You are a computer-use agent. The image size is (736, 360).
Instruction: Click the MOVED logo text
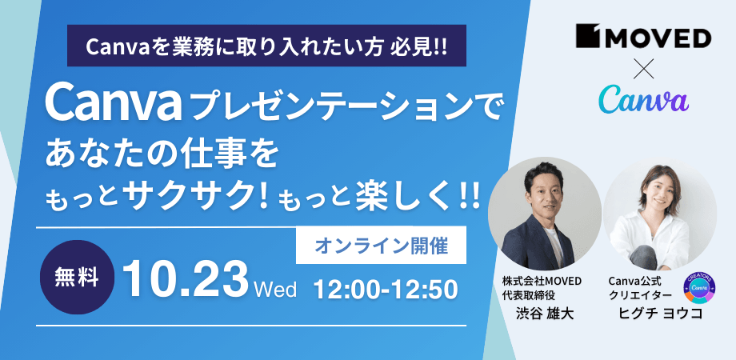click(x=643, y=38)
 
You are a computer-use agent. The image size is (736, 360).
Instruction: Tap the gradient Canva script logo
click(x=643, y=98)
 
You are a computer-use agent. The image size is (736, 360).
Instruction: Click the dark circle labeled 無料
click(x=78, y=277)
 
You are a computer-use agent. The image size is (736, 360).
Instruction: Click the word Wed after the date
click(x=275, y=289)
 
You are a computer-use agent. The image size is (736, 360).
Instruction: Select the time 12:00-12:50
click(x=386, y=290)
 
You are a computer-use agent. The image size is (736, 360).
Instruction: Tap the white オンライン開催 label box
click(x=381, y=246)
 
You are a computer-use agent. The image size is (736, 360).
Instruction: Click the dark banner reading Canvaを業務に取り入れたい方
click(x=266, y=46)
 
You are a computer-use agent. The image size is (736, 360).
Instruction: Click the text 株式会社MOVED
click(x=542, y=281)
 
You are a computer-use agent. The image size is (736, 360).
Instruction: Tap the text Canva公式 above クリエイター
click(x=634, y=281)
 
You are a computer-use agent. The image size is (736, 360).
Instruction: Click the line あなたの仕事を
click(x=162, y=158)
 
